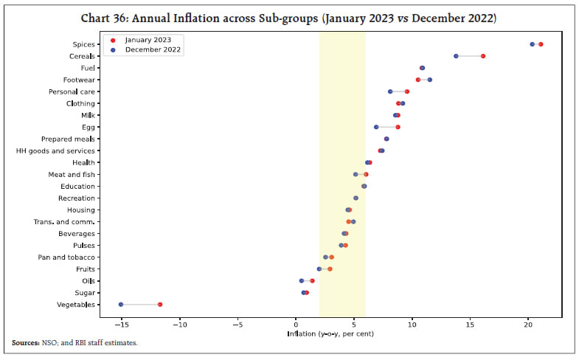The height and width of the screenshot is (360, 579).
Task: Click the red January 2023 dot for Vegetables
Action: pos(160,304)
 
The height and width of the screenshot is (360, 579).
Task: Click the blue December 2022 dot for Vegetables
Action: pos(121,304)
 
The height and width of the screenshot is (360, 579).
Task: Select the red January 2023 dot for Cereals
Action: pos(483,56)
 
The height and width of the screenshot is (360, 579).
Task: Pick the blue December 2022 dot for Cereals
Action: pos(456,56)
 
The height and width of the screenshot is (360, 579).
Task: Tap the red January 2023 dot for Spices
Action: pos(541,44)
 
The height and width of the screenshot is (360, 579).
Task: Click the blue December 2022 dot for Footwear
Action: pos(430,80)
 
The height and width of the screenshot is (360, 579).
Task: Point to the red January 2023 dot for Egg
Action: pos(398,127)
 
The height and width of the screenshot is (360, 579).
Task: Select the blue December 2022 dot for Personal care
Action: pos(390,91)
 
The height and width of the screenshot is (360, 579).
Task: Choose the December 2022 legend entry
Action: pos(150,50)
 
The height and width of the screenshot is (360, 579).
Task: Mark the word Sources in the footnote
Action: pos(27,343)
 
